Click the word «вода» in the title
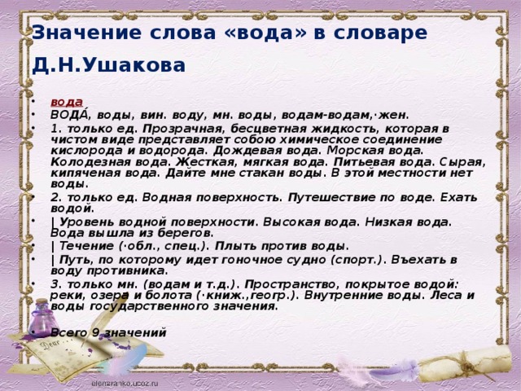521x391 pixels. (x=265, y=33)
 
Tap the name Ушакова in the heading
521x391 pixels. (x=134, y=65)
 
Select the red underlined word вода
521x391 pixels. (x=67, y=102)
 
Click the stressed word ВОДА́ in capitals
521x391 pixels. (x=70, y=114)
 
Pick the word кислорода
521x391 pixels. (x=87, y=150)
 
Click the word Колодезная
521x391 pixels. (x=91, y=162)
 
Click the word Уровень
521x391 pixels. (x=87, y=222)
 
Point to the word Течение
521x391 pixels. (x=86, y=246)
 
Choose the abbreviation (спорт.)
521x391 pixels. (x=357, y=260)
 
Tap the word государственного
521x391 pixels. (x=149, y=306)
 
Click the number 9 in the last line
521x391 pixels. (x=96, y=332)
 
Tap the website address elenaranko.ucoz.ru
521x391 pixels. (x=125, y=384)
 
